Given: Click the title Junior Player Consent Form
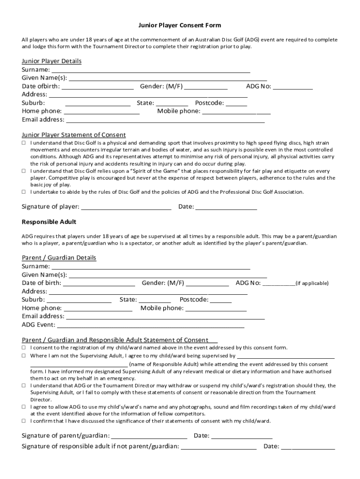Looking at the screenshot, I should click(180, 25).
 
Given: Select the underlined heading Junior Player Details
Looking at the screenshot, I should click(52, 61).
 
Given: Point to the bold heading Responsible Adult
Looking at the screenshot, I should click(49, 222).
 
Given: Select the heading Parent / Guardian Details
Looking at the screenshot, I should click(59, 258).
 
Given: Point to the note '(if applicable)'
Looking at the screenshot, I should click(312, 283).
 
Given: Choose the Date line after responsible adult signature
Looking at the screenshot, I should click(308, 447).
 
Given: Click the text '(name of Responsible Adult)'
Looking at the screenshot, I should click(164, 364).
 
